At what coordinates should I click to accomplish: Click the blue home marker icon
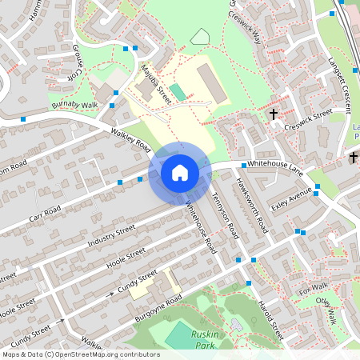(180, 172)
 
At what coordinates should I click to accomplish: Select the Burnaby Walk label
(74, 104)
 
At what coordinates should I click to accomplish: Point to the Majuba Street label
(156, 84)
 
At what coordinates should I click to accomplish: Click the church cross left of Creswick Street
(274, 114)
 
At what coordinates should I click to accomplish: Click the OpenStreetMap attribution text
(80, 354)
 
